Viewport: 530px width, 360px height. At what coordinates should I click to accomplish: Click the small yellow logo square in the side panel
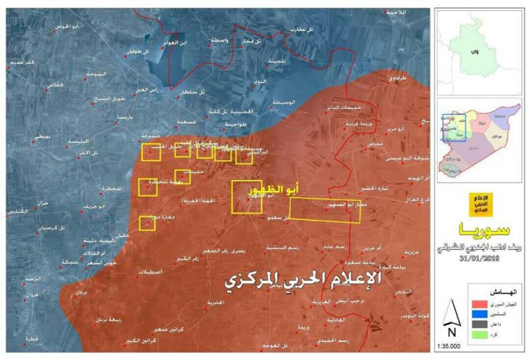click(x=482, y=204)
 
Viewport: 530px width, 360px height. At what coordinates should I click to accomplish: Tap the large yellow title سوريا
click(x=480, y=230)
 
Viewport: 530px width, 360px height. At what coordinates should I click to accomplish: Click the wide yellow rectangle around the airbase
click(x=325, y=209)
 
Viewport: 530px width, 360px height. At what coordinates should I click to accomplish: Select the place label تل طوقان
click(x=139, y=50)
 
